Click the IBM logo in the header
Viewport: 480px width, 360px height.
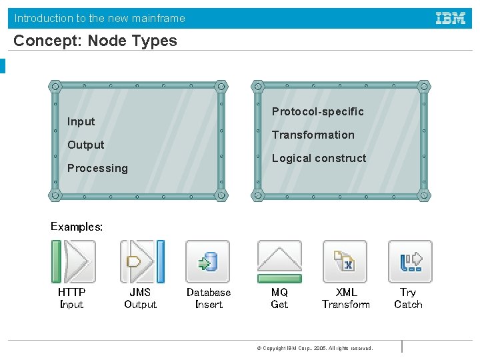[451, 18]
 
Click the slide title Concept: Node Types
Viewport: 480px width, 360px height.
[95, 41]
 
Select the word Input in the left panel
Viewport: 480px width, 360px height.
[81, 121]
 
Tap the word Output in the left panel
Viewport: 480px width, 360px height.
[85, 145]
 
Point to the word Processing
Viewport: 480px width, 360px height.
[97, 168]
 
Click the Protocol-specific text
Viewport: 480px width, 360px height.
[317, 111]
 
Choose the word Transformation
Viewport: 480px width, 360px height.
[313, 135]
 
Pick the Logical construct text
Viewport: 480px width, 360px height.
[319, 158]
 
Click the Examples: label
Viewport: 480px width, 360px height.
[77, 227]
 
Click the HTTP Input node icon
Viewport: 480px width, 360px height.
[73, 261]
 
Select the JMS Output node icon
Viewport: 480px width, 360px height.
[141, 261]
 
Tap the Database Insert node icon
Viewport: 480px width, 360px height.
[208, 261]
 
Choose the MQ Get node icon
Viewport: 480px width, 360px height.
[279, 261]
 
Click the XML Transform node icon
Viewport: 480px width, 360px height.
[345, 261]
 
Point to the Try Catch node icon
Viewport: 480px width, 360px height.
[410, 261]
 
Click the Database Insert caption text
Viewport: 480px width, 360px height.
[208, 298]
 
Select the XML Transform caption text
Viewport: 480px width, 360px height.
[345, 298]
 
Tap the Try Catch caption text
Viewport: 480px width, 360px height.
[408, 298]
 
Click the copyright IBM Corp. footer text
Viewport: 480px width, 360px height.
[315, 348]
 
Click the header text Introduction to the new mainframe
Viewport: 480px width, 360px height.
[100, 18]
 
